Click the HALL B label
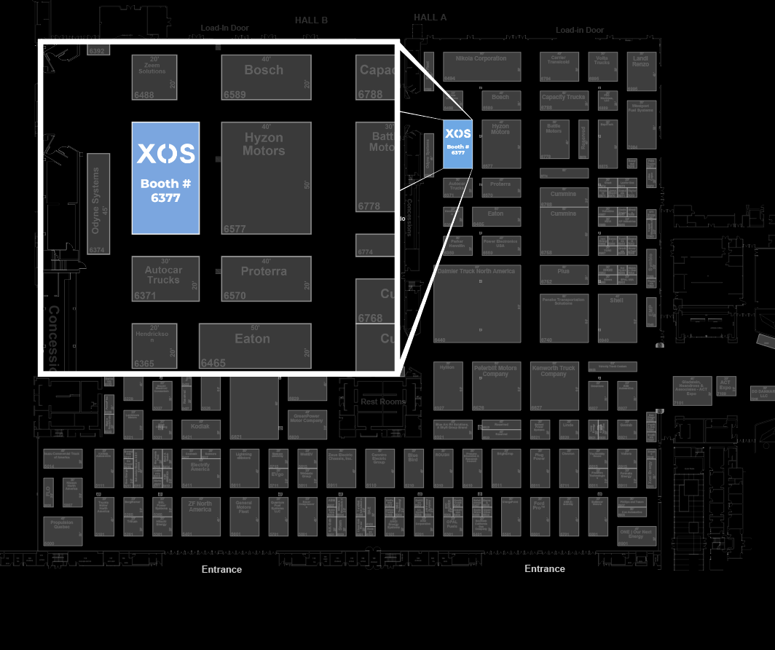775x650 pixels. (x=311, y=20)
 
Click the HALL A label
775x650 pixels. (x=430, y=17)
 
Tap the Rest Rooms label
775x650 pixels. (x=383, y=402)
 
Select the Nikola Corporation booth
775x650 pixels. (x=481, y=66)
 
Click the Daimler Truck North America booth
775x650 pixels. (x=477, y=303)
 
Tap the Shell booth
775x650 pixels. (x=616, y=318)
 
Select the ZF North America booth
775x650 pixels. (x=200, y=517)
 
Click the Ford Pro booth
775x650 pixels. (x=539, y=516)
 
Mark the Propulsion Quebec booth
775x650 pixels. (x=62, y=530)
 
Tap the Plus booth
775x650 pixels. (x=563, y=274)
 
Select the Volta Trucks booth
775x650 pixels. (x=602, y=66)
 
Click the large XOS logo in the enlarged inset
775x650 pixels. (x=166, y=154)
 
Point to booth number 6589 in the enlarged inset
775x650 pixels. (x=235, y=95)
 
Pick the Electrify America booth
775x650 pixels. (x=200, y=468)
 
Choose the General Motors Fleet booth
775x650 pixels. (x=244, y=517)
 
